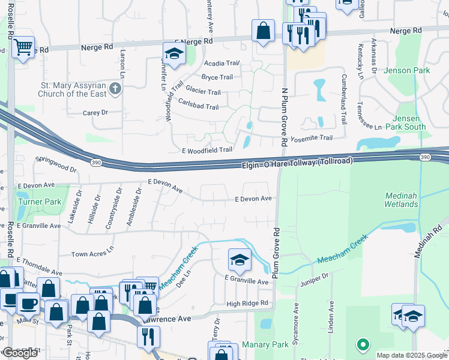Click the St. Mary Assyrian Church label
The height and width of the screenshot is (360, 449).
coord(72,89)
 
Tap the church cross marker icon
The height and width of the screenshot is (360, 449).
coord(116,89)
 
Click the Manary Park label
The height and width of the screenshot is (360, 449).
coord(265,346)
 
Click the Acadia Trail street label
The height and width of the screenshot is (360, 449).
coord(221,63)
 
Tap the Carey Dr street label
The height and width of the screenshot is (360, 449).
coord(95,112)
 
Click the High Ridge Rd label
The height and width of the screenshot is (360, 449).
coord(247,304)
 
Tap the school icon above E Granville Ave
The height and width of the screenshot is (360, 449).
coord(239,259)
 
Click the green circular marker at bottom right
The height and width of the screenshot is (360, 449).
coord(362,344)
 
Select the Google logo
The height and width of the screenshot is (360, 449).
coord(20,353)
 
